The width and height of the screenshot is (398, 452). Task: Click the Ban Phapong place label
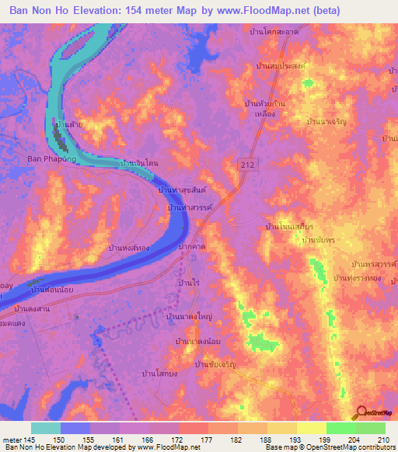point(52,158)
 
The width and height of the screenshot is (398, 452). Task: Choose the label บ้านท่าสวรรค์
point(191,209)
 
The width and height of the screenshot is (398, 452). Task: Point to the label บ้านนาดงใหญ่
point(189,318)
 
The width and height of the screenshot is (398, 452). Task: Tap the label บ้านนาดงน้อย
point(199,342)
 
